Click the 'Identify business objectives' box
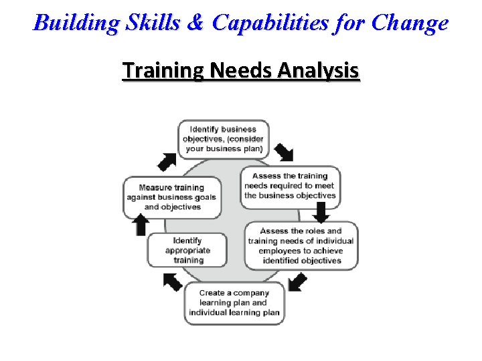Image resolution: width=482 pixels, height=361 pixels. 224,139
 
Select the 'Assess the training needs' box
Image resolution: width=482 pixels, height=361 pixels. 290,187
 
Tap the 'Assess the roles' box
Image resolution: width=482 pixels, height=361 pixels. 301,246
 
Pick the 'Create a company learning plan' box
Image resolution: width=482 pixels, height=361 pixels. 234,303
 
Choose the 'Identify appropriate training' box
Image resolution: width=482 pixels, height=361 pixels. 187,251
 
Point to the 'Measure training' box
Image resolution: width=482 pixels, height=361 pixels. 172,197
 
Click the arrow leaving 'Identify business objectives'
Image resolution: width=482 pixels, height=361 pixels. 284,152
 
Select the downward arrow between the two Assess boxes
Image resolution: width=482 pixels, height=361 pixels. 321,213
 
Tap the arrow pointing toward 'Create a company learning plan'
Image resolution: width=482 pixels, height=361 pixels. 297,282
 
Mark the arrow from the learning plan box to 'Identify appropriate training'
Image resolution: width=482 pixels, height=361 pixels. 173,282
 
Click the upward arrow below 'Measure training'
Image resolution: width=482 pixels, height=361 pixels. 141,225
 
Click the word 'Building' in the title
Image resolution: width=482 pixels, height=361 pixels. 66,23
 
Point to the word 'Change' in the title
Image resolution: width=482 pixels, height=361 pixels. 410,23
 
